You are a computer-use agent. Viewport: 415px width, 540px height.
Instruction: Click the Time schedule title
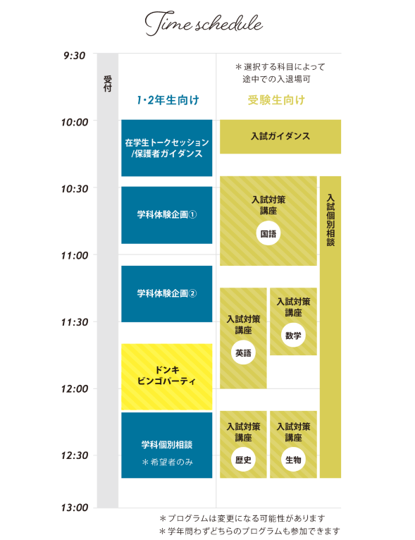click(204, 23)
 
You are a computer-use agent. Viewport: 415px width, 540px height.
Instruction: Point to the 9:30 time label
click(74, 56)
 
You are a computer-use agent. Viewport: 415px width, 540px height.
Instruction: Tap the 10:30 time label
click(74, 189)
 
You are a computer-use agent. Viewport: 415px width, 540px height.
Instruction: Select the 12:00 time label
click(74, 389)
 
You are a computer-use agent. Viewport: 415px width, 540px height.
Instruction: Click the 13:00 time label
click(74, 508)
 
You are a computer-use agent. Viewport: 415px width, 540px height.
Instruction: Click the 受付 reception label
click(108, 84)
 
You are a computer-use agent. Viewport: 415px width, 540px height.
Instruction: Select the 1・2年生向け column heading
click(168, 100)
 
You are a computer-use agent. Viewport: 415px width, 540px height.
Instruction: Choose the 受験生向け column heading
click(276, 100)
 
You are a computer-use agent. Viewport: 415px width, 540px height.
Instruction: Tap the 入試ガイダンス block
click(280, 137)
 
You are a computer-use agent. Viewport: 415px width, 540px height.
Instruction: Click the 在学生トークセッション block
click(167, 148)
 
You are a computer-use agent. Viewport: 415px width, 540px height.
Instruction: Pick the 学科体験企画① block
click(167, 215)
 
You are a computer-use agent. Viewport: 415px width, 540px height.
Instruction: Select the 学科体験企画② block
click(167, 294)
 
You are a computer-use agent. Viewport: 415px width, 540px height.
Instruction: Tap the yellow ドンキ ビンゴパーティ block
click(167, 376)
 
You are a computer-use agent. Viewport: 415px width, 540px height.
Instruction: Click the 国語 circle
click(268, 234)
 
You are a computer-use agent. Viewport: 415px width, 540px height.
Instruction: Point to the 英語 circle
click(243, 352)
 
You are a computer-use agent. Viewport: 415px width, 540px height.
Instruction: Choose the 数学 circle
click(293, 335)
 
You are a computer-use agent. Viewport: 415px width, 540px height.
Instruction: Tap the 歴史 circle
click(243, 460)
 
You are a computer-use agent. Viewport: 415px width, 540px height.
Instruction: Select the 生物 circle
click(293, 460)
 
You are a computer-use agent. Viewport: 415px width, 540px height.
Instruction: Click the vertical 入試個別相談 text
click(330, 220)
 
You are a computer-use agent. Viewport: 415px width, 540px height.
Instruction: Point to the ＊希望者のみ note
click(167, 462)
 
